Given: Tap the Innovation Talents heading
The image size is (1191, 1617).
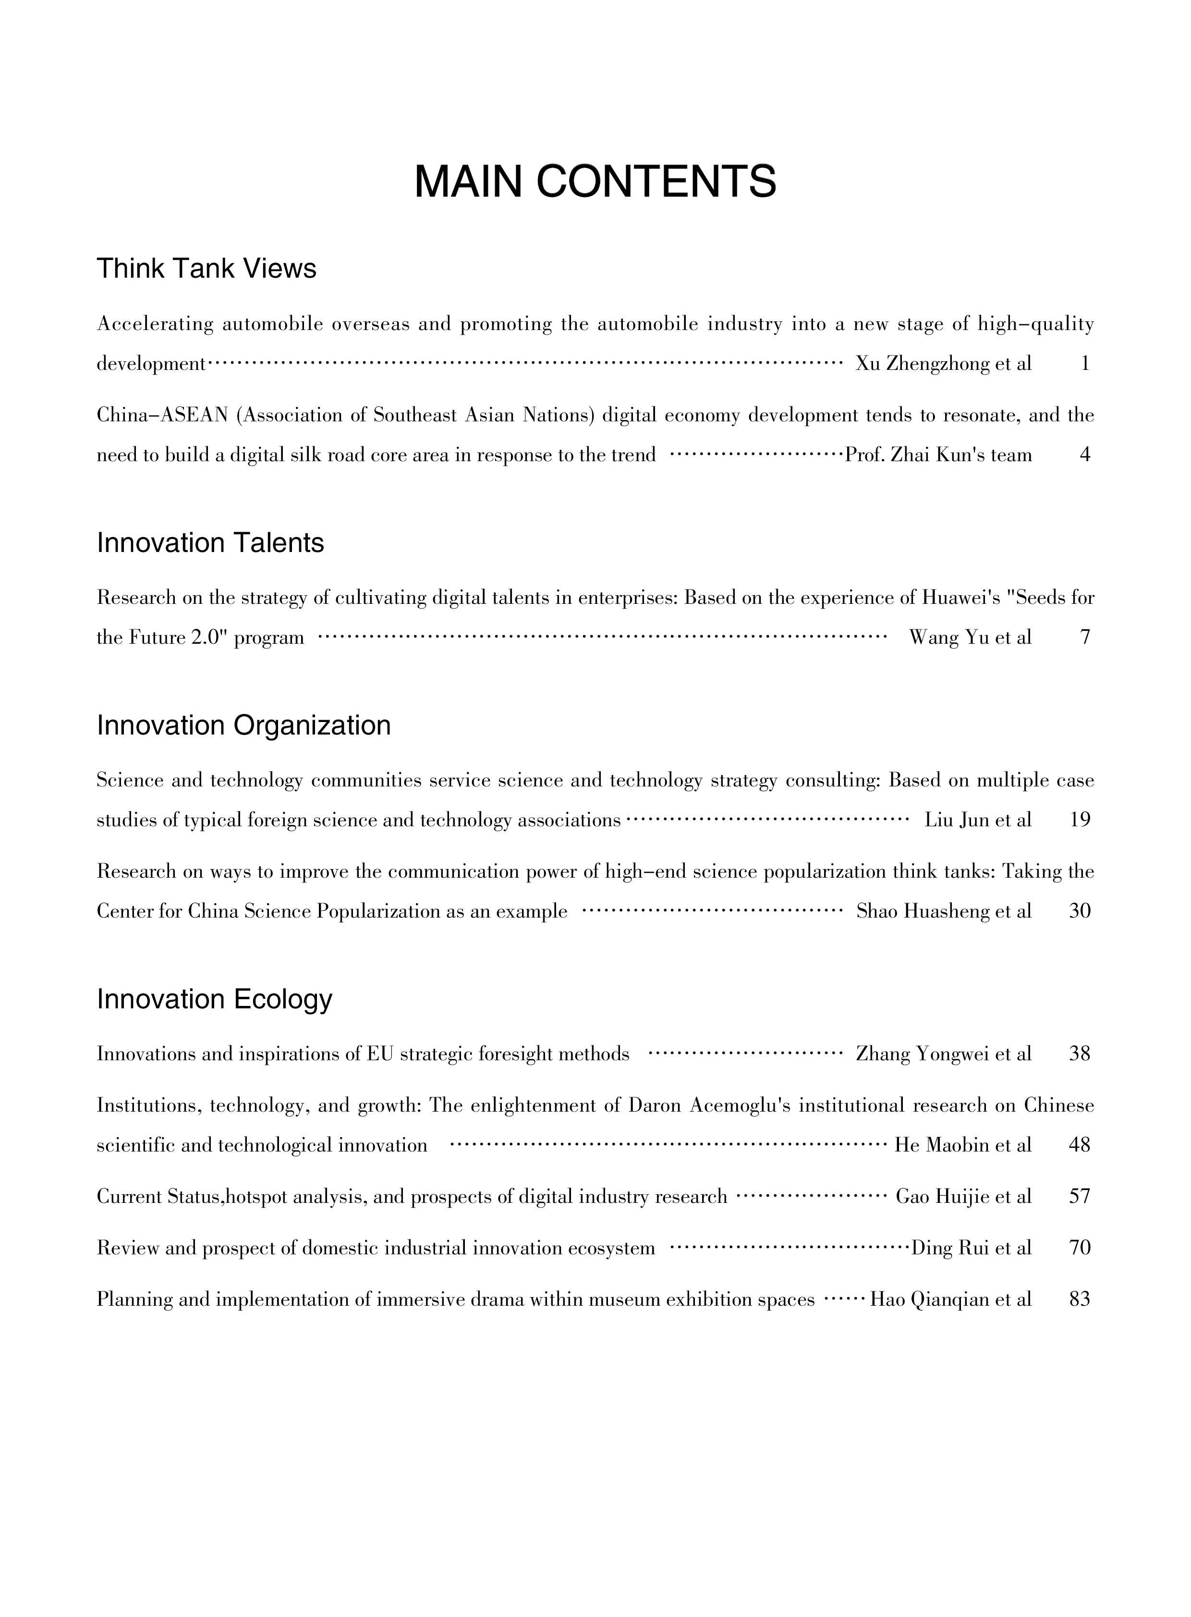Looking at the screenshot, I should click(210, 542).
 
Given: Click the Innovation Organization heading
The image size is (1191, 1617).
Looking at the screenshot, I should click(243, 725).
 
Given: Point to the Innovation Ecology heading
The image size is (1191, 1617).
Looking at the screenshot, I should click(214, 999).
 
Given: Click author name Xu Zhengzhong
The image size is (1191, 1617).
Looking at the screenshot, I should click(922, 364).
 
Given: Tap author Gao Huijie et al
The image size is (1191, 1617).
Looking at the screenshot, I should click(963, 1197).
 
